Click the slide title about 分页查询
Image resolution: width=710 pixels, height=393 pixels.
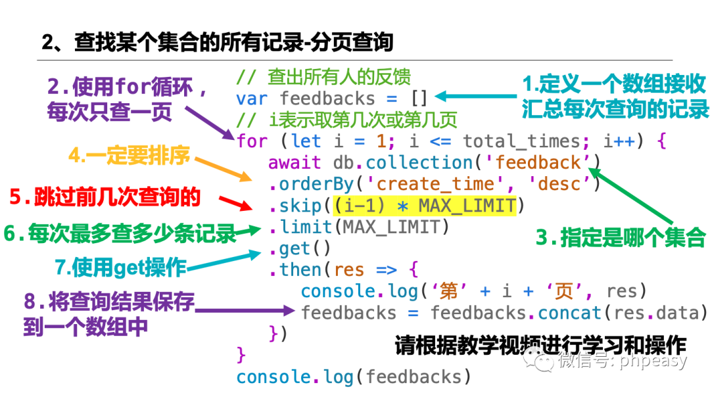coord(218,43)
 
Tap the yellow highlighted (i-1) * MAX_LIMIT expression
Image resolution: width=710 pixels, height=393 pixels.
coord(424,206)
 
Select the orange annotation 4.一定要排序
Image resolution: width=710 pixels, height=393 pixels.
coord(130,156)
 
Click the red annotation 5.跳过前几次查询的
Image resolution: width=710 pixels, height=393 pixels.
coord(105,196)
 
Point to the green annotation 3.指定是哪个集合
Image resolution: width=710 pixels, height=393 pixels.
coord(620,238)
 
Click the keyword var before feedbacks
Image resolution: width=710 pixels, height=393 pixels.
coord(252,99)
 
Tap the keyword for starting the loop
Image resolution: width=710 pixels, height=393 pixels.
coord(252,141)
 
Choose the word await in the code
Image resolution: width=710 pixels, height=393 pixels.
coord(295,162)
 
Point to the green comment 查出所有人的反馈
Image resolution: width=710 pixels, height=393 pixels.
coord(339,78)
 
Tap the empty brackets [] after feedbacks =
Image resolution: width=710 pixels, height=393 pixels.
coord(419,99)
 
